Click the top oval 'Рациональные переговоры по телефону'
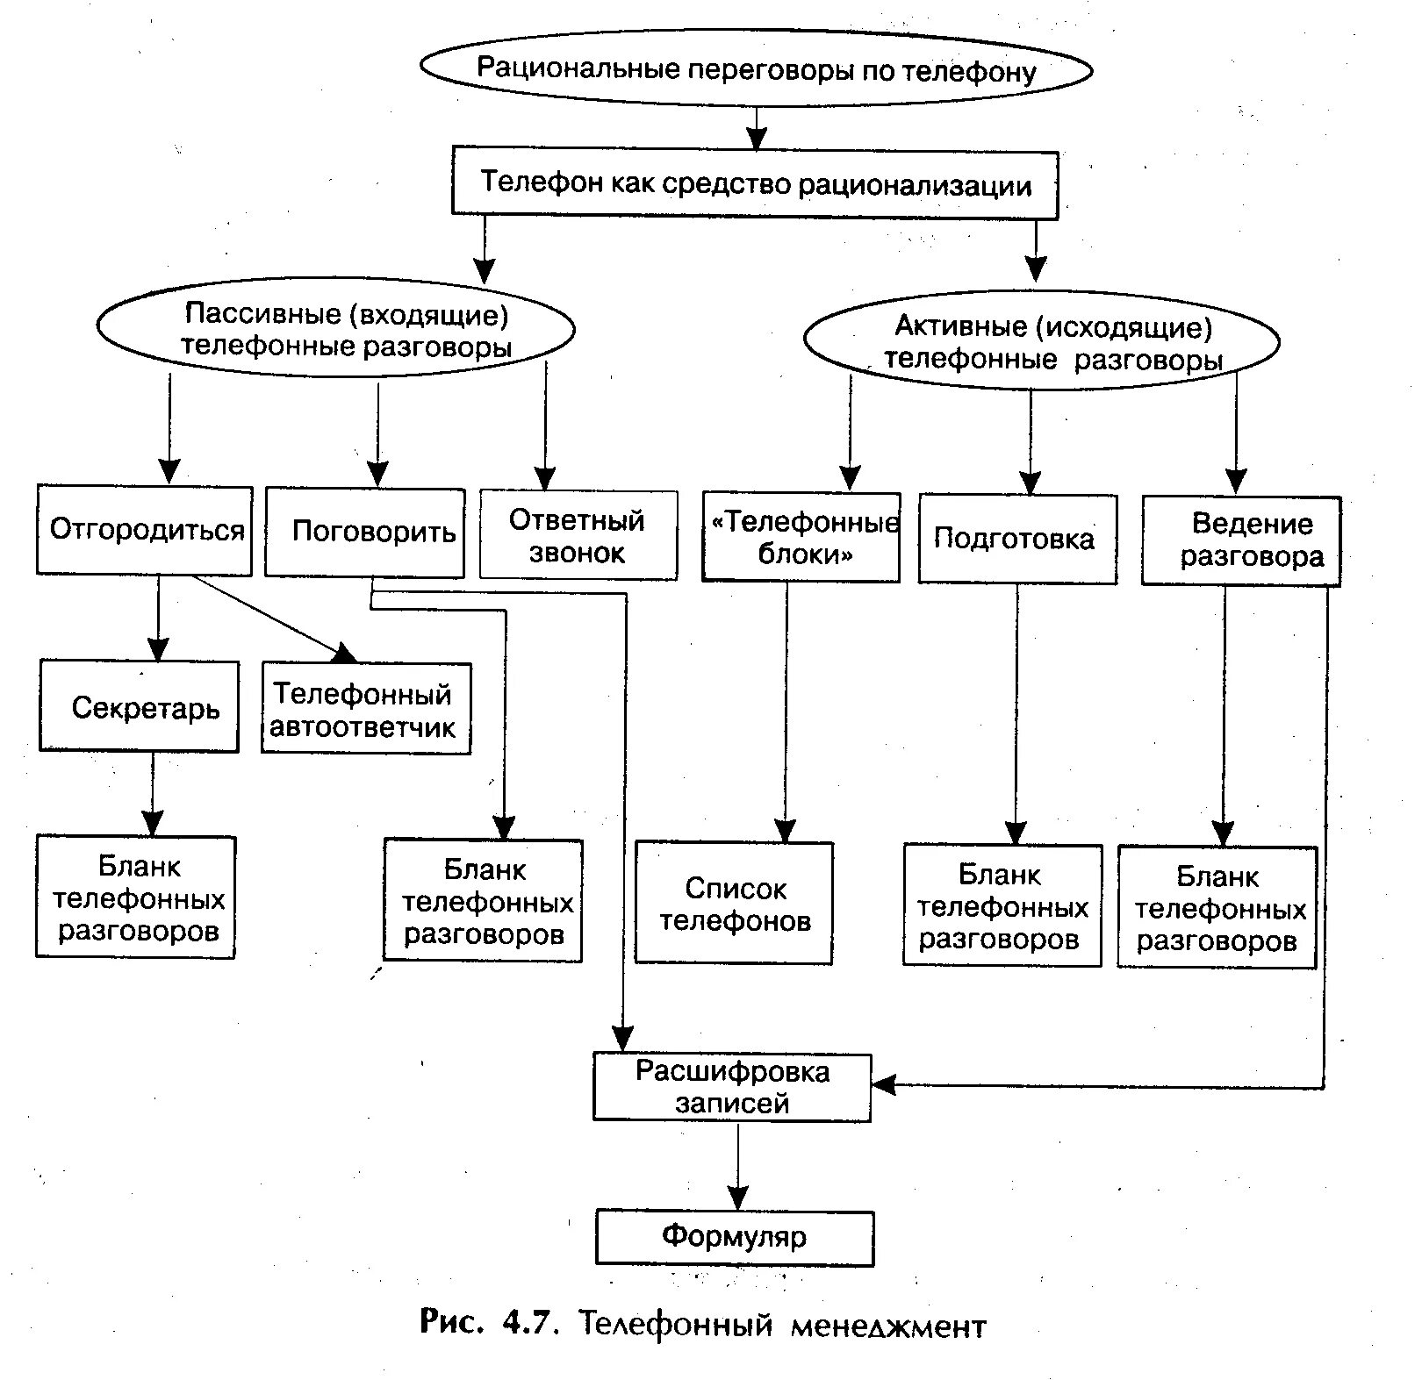click(756, 69)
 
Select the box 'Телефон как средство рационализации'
click(755, 184)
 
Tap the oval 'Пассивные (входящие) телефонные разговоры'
click(336, 330)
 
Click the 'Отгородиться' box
click(145, 531)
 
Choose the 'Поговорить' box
click(365, 533)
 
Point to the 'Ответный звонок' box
click(578, 535)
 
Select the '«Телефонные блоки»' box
click(801, 537)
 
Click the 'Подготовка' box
click(1017, 539)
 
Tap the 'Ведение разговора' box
click(1241, 540)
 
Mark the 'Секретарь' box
click(140, 706)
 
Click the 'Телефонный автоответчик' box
click(366, 709)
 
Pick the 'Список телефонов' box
click(734, 904)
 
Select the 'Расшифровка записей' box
click(732, 1087)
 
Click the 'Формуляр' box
click(735, 1237)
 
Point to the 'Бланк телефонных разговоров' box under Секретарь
click(136, 897)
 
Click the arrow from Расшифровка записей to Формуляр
click(738, 1167)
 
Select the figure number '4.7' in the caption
click(530, 1322)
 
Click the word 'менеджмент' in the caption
click(887, 1325)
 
